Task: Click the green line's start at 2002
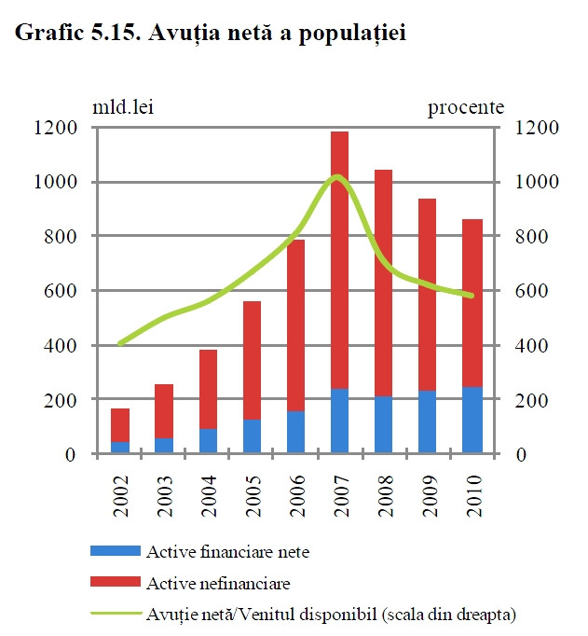tap(120, 344)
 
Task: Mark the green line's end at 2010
tap(472, 297)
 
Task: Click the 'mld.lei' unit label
tap(122, 107)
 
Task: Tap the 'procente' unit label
tap(466, 107)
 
